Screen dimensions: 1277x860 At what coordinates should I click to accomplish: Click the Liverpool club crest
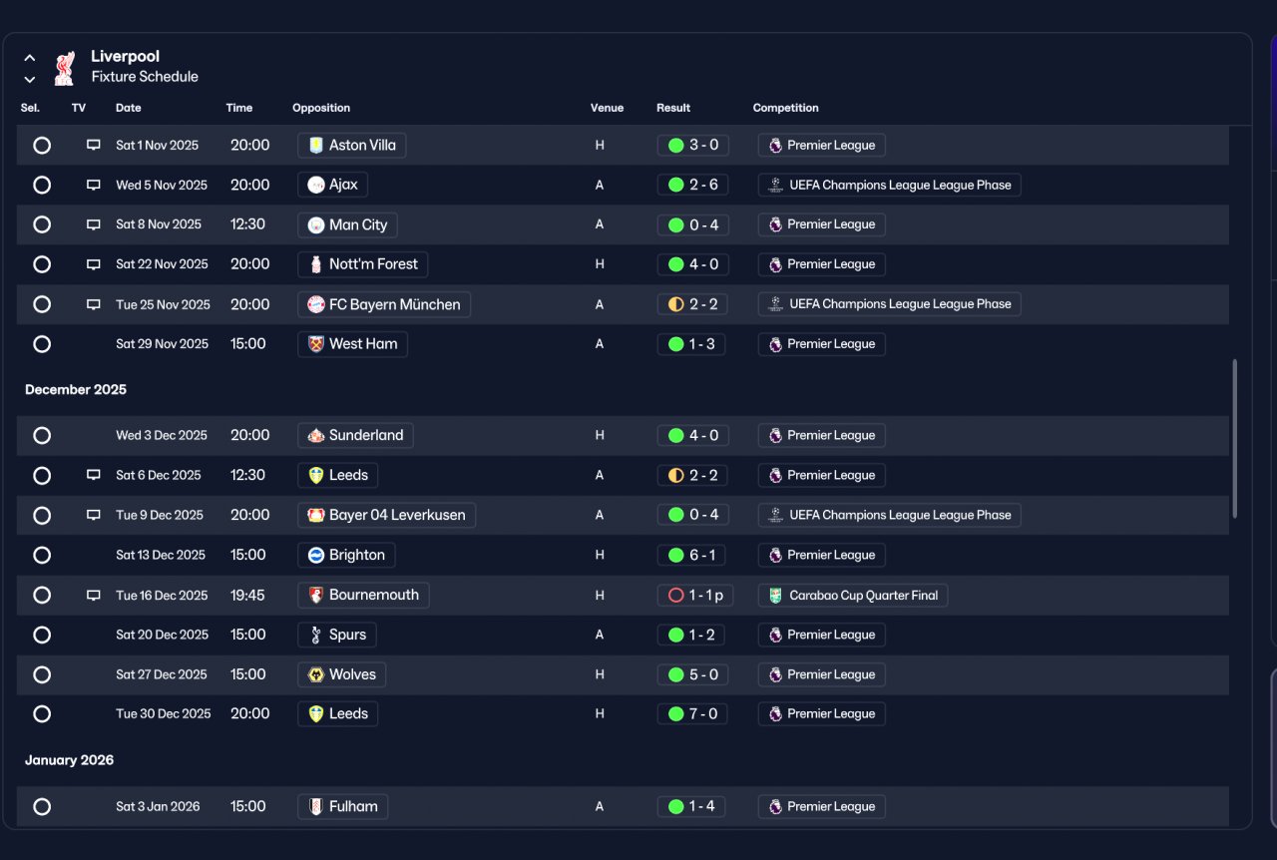point(65,68)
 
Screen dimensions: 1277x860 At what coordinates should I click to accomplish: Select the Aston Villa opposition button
point(352,146)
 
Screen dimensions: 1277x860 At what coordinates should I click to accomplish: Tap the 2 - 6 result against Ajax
point(692,185)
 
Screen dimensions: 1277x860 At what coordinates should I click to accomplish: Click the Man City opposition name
point(358,224)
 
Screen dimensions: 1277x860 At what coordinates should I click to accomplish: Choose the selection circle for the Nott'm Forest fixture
point(42,264)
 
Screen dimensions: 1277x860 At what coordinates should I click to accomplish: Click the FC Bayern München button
point(384,304)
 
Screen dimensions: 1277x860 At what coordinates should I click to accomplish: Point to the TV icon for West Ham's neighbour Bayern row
point(94,304)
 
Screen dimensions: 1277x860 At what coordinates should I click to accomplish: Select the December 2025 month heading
point(76,389)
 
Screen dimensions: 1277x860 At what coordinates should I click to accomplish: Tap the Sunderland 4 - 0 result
point(692,436)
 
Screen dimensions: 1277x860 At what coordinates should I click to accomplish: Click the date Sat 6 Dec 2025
point(159,475)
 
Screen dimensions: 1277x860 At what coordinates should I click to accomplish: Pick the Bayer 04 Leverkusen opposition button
point(386,515)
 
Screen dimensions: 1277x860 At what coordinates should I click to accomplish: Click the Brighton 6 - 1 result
point(691,555)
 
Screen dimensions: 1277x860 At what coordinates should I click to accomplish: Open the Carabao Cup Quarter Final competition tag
point(853,596)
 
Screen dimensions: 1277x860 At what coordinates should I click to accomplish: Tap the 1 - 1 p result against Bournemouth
point(695,596)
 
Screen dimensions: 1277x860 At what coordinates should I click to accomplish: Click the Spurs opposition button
point(337,635)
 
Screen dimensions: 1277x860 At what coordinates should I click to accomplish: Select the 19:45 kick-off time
point(247,596)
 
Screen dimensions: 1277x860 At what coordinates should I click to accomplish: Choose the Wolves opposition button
point(341,674)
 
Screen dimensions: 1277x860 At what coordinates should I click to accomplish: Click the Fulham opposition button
point(342,806)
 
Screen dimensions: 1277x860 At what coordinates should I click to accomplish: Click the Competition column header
point(785,108)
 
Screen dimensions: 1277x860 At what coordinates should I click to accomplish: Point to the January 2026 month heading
point(70,760)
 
